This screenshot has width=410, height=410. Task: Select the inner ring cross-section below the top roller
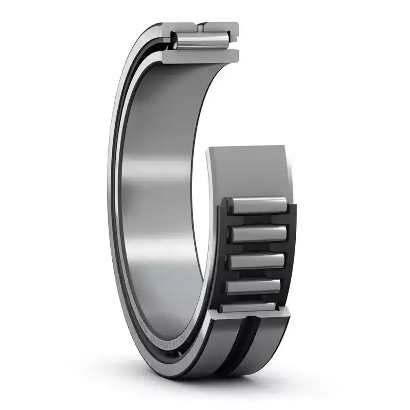(200, 56)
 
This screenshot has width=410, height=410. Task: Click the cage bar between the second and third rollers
(257, 248)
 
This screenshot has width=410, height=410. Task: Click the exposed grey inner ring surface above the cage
(246, 169)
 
